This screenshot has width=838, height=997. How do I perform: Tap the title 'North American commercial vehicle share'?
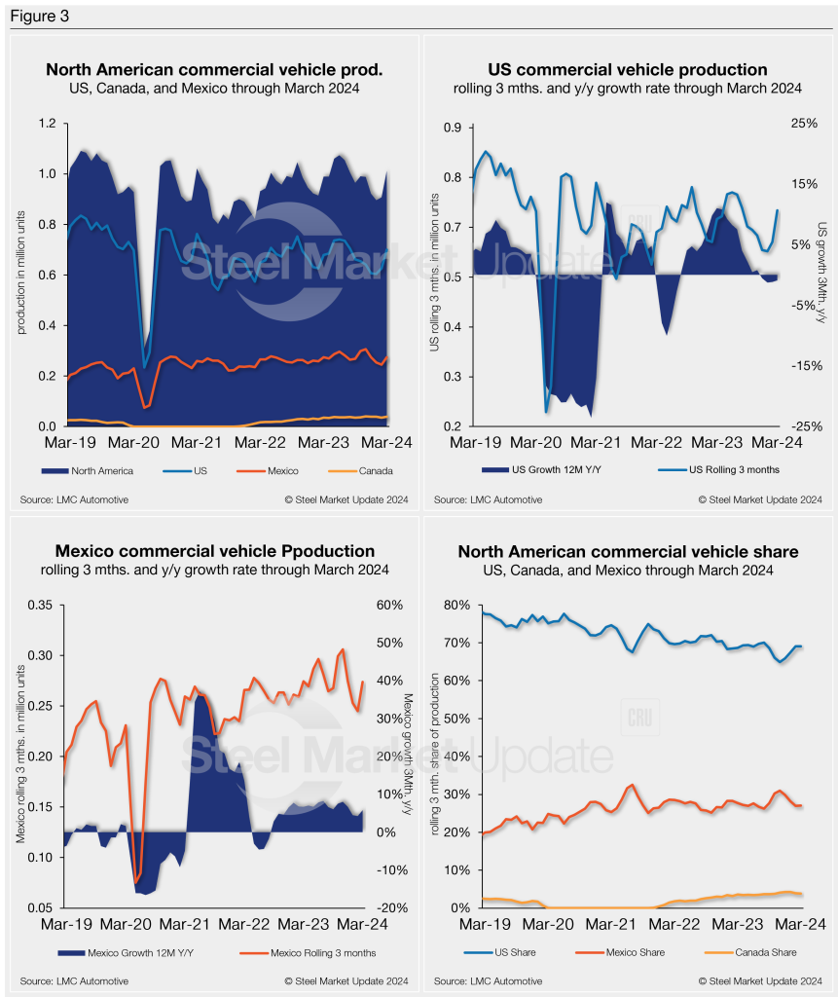pyautogui.click(x=628, y=552)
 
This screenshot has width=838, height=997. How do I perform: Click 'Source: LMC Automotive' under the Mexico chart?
pyautogui.click(x=74, y=980)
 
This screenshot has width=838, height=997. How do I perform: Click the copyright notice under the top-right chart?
pyautogui.click(x=760, y=499)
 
